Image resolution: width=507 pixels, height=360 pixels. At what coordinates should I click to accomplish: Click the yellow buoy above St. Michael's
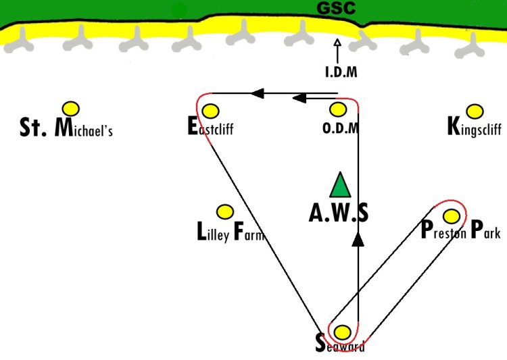pos(71,109)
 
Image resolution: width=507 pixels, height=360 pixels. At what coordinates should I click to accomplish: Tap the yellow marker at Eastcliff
pos(210,111)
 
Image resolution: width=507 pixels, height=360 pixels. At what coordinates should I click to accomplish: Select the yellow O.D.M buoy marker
pos(338,109)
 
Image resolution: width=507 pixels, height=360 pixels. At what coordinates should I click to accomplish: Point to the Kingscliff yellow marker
pos(475,111)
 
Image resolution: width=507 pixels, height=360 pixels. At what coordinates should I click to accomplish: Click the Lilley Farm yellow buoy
pos(225,212)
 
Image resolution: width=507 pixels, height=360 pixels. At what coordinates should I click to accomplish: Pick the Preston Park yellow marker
pos(452,217)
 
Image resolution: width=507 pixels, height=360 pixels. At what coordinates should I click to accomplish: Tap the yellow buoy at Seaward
pos(342,332)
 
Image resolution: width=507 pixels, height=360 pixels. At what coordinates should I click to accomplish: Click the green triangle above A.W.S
pos(340,185)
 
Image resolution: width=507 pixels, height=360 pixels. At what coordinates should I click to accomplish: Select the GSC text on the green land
pos(336,8)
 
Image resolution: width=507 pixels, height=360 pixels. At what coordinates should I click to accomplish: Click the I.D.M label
pos(341,72)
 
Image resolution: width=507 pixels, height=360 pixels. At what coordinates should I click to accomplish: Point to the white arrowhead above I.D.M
pos(337,43)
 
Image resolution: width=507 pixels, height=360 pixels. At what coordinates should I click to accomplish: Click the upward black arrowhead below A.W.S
pos(358,239)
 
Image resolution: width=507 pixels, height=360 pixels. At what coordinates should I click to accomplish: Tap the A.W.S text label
pos(339,213)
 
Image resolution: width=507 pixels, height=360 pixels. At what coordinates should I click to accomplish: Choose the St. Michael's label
pos(66,128)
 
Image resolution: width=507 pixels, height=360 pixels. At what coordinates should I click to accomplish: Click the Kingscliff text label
pos(475,126)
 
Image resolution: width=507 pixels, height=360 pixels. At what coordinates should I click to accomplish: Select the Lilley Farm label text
pos(231,232)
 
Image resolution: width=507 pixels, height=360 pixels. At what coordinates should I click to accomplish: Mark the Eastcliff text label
pos(210,126)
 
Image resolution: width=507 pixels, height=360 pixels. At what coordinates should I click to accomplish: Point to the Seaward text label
pos(340,344)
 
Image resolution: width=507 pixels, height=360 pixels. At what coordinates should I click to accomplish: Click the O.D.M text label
pos(341,128)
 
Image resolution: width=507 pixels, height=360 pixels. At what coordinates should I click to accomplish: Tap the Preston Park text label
pos(461,230)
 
